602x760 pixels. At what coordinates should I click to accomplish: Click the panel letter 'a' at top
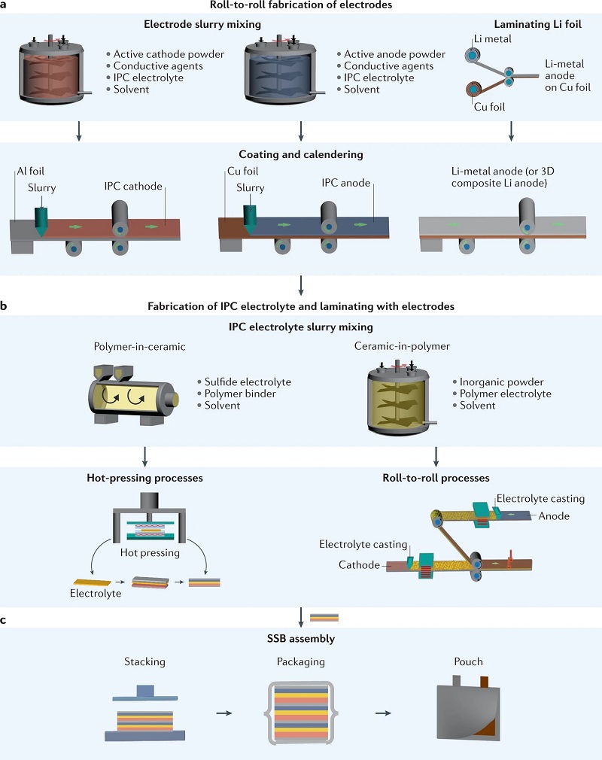point(5,5)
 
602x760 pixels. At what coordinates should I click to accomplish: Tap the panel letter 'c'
point(5,620)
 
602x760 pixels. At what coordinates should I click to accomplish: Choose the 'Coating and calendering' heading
point(300,154)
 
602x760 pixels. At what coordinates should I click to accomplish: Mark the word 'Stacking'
point(144,662)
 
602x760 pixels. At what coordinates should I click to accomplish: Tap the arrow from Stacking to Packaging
point(223,712)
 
